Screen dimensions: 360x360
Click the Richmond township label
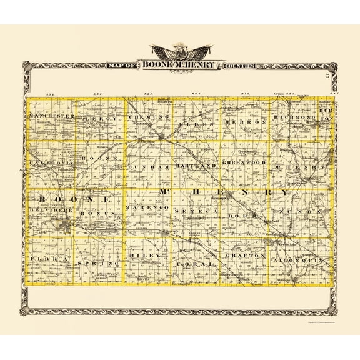(292, 117)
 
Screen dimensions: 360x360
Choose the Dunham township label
(149, 168)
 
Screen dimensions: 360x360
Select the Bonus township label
(99, 213)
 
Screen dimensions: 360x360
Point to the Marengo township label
(147, 207)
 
